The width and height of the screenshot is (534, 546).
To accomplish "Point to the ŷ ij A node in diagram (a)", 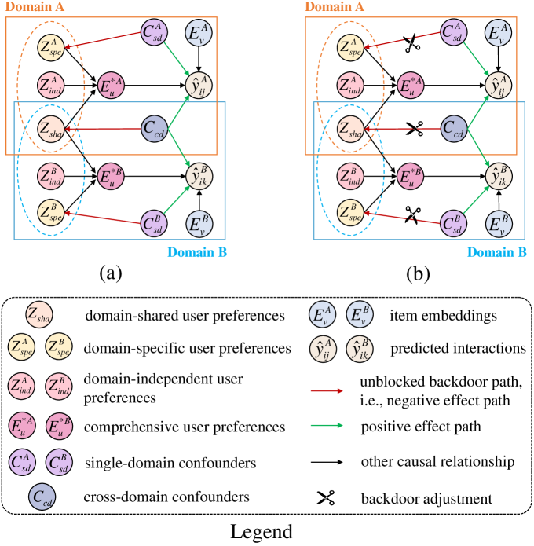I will [198, 83].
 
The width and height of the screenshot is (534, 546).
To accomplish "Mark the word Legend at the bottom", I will [267, 532].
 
